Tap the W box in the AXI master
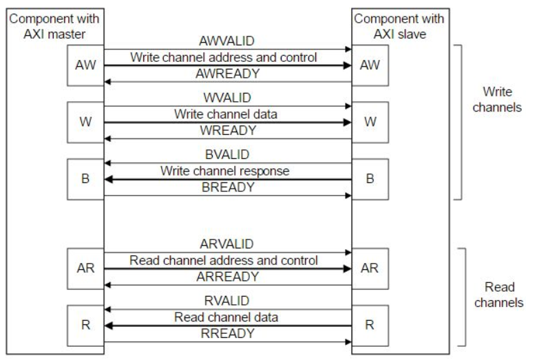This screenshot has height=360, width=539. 85,122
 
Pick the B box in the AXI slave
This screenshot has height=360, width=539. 370,179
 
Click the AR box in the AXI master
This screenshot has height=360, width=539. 85,268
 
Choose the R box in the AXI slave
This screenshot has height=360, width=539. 370,324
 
